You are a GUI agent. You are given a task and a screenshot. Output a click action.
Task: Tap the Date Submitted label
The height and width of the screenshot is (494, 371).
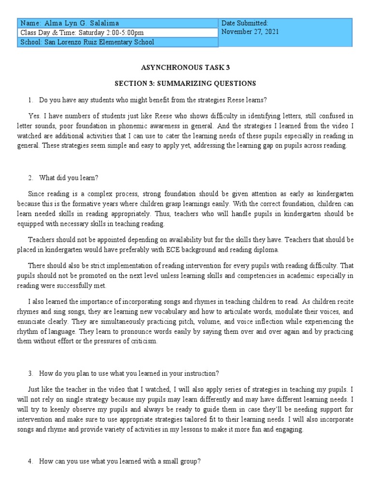pyautogui.click(x=244, y=23)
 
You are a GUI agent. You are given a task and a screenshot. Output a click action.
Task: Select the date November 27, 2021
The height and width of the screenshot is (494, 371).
pyautogui.click(x=250, y=32)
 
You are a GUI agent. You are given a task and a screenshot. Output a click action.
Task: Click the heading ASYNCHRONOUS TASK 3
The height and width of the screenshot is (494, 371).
pyautogui.click(x=185, y=68)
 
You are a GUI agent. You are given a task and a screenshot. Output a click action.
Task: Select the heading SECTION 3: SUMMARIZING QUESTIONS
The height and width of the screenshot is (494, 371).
pyautogui.click(x=185, y=83)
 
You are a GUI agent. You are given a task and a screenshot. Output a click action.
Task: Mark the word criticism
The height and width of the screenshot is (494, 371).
pyautogui.click(x=142, y=341)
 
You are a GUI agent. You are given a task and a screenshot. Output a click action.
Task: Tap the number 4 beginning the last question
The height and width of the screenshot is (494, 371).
pyautogui.click(x=30, y=462)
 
